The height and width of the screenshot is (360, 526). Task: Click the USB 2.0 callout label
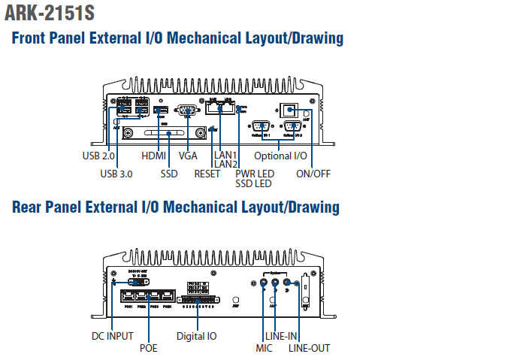click(x=98, y=156)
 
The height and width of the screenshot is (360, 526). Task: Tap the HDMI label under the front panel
click(x=153, y=156)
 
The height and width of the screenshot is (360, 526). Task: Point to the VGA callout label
click(x=188, y=156)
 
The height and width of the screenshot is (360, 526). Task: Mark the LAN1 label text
click(x=225, y=155)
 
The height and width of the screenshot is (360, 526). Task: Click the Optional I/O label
click(x=280, y=156)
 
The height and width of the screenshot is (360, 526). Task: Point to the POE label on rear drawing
click(x=149, y=348)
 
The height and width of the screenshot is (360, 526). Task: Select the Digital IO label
click(x=196, y=336)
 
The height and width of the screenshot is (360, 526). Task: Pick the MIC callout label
click(x=264, y=348)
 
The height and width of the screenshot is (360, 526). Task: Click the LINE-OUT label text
click(x=309, y=348)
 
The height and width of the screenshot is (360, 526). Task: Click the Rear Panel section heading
click(x=176, y=207)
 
